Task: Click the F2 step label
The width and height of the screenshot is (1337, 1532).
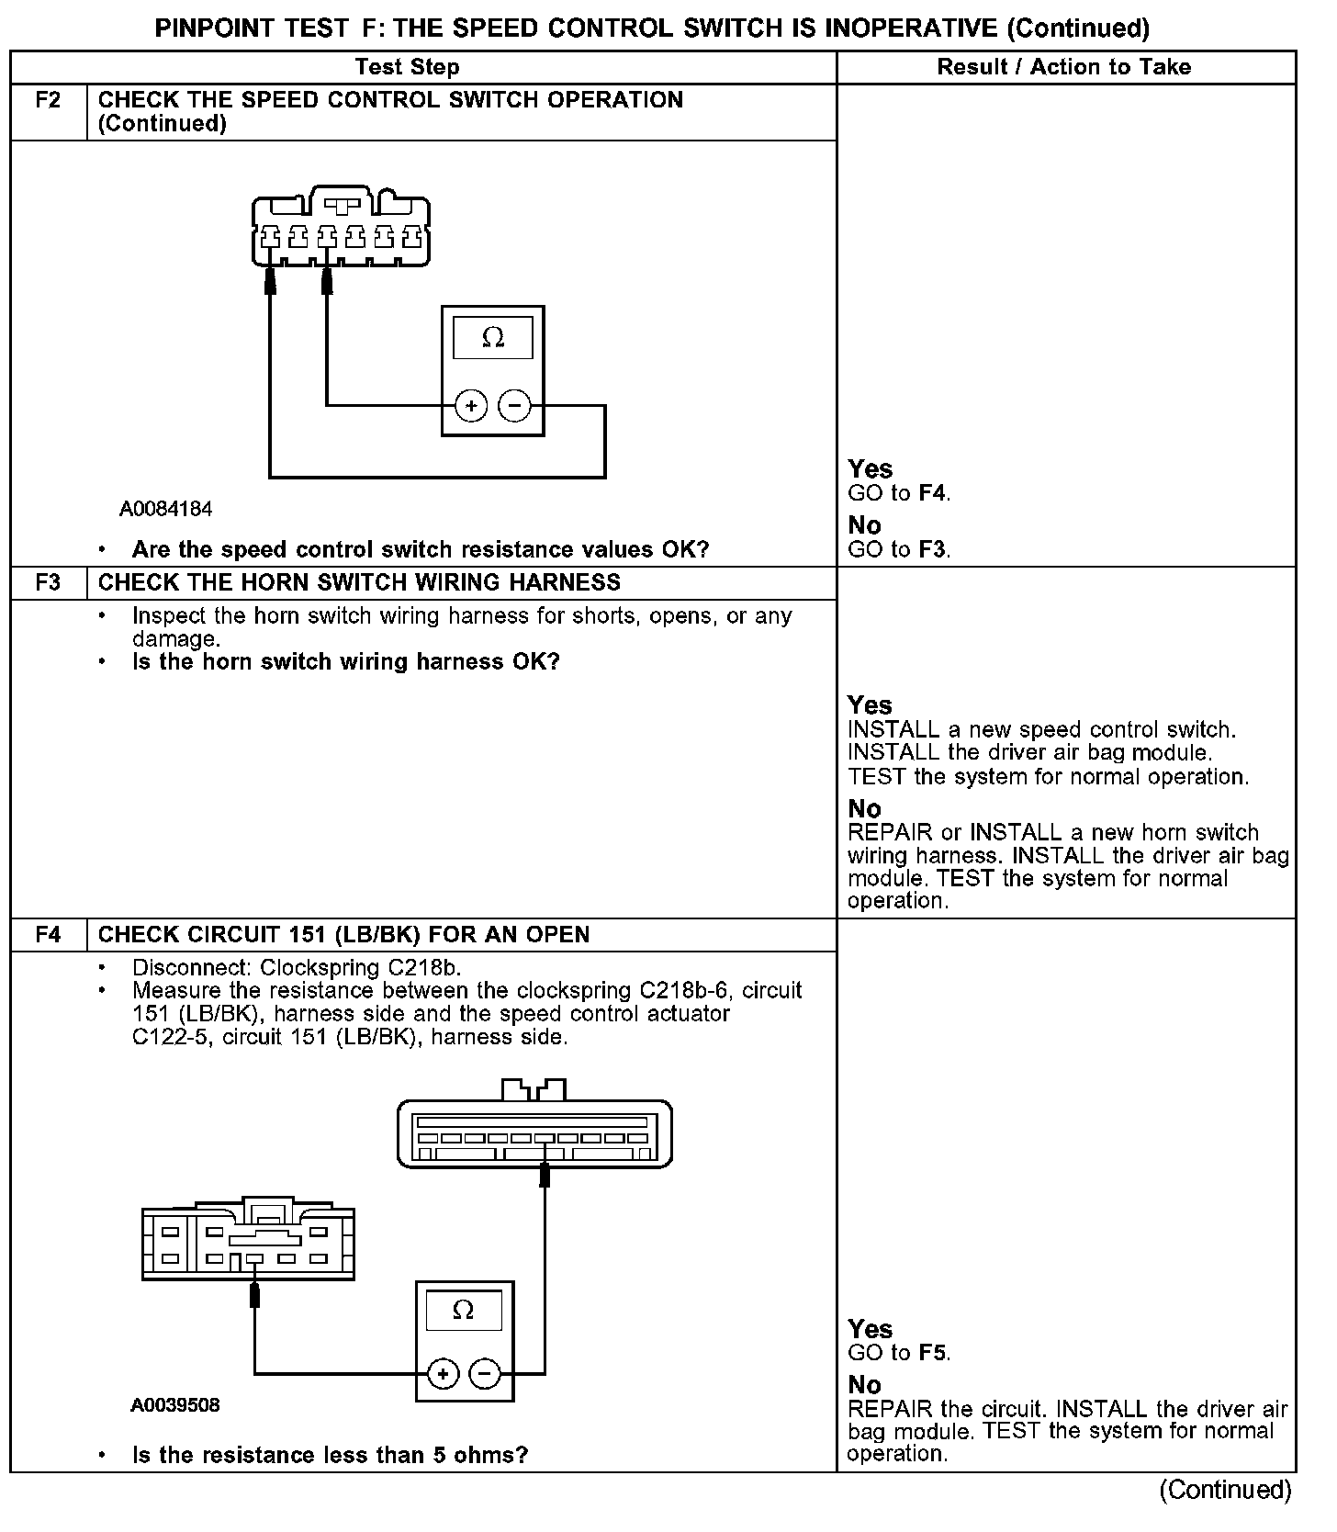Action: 48,100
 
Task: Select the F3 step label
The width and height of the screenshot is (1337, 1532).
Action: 48,582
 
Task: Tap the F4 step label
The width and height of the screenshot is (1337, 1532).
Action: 48,934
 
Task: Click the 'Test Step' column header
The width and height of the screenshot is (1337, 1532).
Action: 407,67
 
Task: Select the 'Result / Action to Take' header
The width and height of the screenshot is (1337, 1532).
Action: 1064,67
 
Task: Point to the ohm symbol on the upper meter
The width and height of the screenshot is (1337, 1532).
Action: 493,339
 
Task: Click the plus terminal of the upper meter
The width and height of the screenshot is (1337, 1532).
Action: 471,405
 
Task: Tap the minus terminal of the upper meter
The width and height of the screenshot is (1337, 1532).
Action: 514,405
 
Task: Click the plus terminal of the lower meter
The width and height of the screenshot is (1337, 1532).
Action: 443,1374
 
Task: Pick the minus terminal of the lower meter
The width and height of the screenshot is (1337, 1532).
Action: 485,1374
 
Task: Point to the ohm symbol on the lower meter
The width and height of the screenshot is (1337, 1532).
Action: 464,1311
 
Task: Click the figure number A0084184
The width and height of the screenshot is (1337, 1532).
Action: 165,508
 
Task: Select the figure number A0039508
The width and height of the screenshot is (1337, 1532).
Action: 175,1405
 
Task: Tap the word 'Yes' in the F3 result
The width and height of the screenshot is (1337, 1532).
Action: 870,705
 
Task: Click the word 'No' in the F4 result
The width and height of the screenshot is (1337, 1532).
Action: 864,1384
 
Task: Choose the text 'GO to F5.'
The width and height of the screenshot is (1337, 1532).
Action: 899,1353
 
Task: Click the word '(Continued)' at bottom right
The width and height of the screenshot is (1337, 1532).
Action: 1225,1490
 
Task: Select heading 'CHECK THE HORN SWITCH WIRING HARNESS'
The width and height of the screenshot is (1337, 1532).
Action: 359,582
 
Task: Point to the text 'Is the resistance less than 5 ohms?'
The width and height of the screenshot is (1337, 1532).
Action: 330,1455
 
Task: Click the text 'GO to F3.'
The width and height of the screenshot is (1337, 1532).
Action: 899,549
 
